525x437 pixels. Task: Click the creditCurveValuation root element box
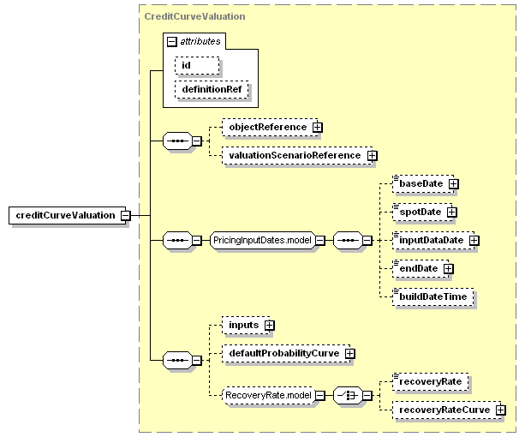pos(67,215)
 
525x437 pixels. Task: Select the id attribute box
pos(197,65)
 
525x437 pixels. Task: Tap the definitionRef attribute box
pos(212,89)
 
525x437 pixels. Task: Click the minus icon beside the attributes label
pos(171,41)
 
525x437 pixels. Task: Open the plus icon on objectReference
pos(317,128)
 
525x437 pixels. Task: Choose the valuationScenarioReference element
pos(297,155)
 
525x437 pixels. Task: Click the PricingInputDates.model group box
pos(262,240)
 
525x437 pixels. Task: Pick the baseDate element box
pos(423,183)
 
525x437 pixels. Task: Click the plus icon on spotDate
pos(451,212)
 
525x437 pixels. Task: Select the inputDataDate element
pos(433,240)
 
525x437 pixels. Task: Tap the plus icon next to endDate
pos(448,268)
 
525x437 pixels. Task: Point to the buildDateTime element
pos(433,296)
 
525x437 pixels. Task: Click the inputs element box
pos(246,325)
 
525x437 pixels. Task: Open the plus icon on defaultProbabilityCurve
pos(350,353)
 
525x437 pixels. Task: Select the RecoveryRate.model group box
pos(269,395)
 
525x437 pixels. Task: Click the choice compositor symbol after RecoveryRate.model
pos(348,395)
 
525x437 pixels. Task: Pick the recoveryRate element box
pos(431,381)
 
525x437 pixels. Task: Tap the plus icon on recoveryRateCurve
pos(500,410)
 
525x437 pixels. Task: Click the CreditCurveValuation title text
pos(194,16)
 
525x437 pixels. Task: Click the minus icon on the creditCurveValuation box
pos(126,215)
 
